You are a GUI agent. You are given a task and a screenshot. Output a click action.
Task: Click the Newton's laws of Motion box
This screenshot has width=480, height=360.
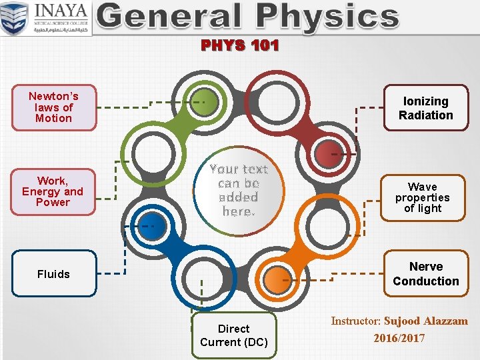coord(54,107)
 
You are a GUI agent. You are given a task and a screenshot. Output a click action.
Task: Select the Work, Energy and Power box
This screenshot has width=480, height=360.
coord(53,191)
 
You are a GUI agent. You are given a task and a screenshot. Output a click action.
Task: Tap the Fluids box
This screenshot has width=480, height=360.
coord(54,274)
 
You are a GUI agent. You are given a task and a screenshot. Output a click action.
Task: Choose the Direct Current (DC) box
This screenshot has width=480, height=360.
coord(233,335)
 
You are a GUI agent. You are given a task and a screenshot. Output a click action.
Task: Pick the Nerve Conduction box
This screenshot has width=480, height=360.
coord(425,274)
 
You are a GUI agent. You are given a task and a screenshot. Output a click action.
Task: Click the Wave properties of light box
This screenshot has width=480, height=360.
coord(422,197)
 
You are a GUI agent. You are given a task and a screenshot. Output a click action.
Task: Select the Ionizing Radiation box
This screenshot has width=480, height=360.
coord(425,108)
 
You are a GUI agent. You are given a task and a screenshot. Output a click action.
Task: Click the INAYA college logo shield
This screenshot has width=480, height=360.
coord(15,19)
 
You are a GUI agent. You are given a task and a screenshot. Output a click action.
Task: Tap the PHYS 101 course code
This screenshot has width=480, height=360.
coord(240,46)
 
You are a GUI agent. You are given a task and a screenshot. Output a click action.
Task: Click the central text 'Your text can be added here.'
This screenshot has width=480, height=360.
coord(238,190)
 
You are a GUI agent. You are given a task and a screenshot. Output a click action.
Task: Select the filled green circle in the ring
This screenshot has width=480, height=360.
coord(205,102)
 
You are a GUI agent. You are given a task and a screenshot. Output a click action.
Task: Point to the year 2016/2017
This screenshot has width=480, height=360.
coord(399,338)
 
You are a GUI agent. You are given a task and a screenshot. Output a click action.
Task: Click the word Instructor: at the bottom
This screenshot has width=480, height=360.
coord(356,321)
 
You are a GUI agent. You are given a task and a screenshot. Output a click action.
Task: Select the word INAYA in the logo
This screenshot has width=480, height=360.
coord(62,11)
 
